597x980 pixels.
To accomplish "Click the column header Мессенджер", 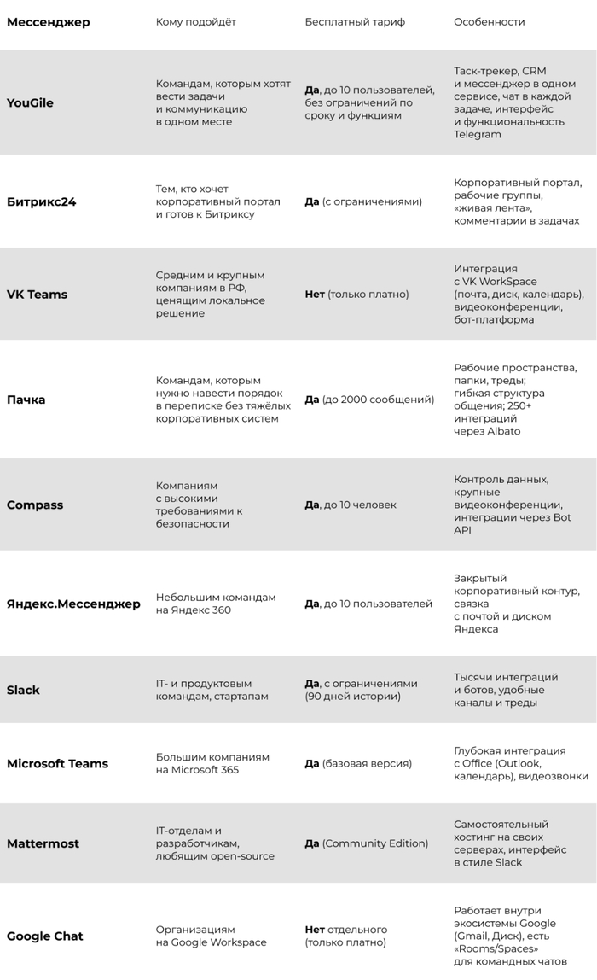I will (48, 21).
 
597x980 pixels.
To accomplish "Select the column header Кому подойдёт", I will (196, 21).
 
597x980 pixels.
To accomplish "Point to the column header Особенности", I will (489, 21).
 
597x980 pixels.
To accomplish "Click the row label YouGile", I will (30, 102).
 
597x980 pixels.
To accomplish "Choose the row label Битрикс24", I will (41, 202).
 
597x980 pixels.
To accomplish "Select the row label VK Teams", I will (37, 295).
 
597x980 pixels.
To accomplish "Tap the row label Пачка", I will (26, 400).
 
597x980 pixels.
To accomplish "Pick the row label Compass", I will (35, 505).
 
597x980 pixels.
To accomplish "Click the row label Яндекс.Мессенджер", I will (73, 604).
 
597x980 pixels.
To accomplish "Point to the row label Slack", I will (23, 690).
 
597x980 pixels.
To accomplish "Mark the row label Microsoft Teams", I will (57, 763).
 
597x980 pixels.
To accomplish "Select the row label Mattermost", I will (43, 843).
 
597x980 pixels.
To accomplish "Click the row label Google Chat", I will (44, 936).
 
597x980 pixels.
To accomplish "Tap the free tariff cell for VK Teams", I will (356, 295).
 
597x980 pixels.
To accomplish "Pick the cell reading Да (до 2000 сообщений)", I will (369, 400).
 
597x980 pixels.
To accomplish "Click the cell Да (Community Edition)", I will (366, 843).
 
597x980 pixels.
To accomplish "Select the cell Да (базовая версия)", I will (358, 763).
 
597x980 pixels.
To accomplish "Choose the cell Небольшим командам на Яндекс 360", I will (216, 604).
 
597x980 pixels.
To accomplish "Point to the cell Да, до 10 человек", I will (351, 505).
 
